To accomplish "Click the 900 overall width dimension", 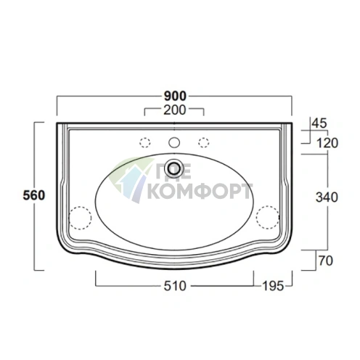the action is click(x=175, y=96).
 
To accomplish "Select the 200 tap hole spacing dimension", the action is click(x=175, y=110).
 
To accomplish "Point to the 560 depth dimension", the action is click(x=34, y=195).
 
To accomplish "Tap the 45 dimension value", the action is click(x=319, y=123).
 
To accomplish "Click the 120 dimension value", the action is click(x=327, y=143).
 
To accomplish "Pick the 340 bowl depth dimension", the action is click(x=327, y=197).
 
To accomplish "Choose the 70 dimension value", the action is click(x=326, y=261).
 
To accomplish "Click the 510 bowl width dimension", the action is click(x=175, y=286).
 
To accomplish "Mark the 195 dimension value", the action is click(x=273, y=286).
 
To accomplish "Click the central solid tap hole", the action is click(x=174, y=142).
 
